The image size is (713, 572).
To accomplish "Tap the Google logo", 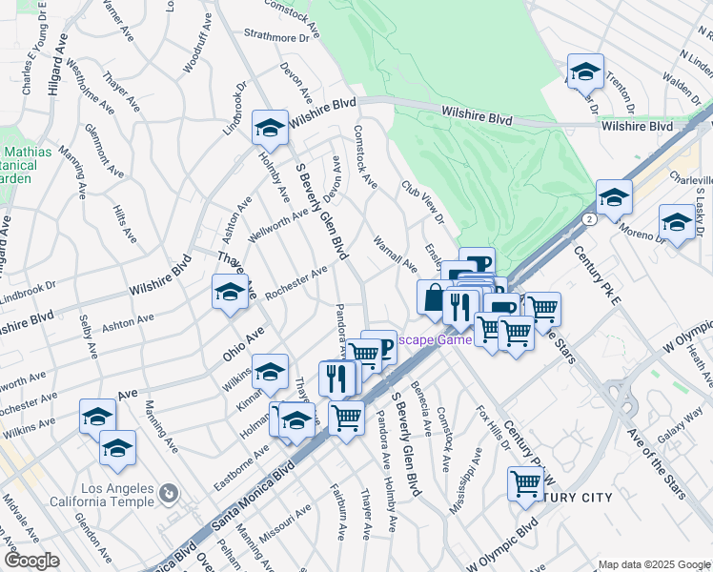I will click(31, 561).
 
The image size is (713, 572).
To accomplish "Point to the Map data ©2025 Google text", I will click(653, 564).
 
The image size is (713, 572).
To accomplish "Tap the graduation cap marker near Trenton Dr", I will click(584, 71).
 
